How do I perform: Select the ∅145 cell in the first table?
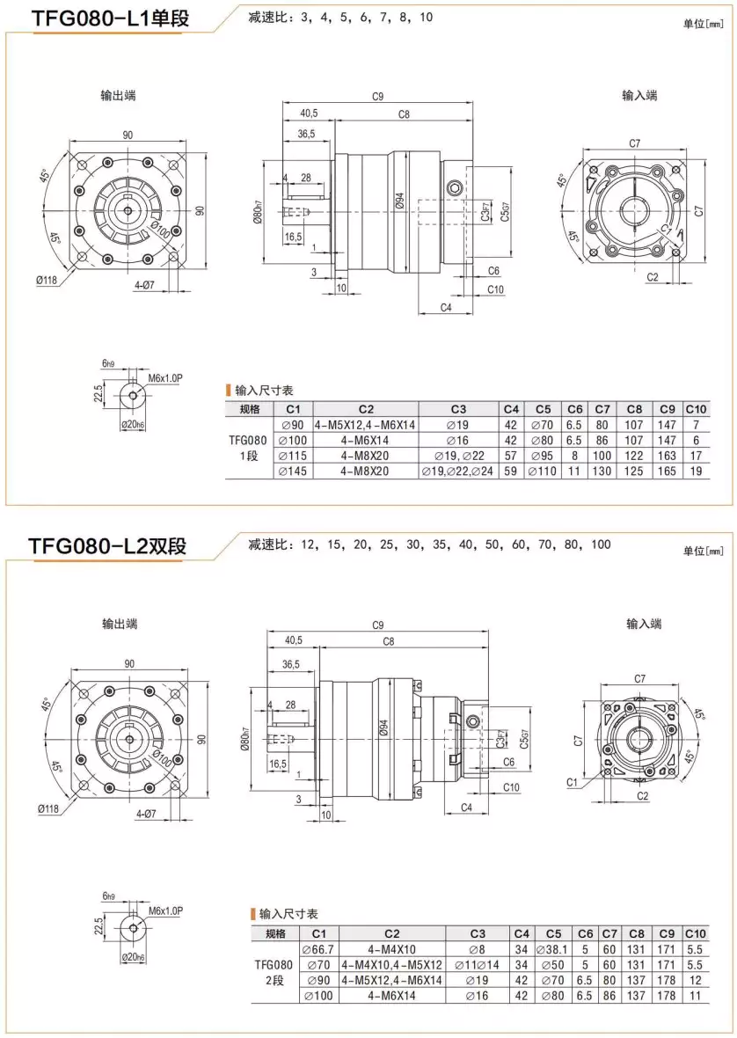[x=293, y=471]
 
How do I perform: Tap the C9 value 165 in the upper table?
[x=667, y=471]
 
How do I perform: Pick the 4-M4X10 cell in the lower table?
[x=391, y=949]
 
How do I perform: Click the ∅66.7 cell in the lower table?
[x=318, y=949]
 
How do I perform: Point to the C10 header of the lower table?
[x=695, y=933]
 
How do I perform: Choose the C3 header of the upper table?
[x=457, y=409]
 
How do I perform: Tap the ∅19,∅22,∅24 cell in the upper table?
[x=457, y=471]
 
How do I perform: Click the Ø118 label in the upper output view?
[x=47, y=281]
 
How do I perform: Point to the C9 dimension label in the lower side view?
[x=378, y=625]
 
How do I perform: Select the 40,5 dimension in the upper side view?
[x=309, y=113]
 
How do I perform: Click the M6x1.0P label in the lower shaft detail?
[x=165, y=910]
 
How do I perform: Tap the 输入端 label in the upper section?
[x=639, y=95]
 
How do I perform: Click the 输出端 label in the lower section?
[x=119, y=624]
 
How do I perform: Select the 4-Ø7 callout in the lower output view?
[x=146, y=814]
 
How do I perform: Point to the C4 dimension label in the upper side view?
[x=445, y=307]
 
